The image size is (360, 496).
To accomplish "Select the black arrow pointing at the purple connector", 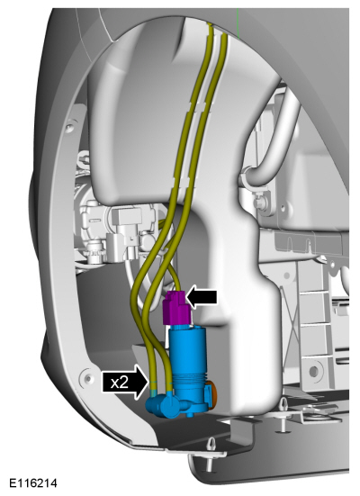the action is (202, 297).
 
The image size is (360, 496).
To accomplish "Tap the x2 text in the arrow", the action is (120, 383).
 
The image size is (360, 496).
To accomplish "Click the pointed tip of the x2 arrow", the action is (149, 382).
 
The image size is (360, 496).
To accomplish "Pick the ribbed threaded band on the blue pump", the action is (189, 376).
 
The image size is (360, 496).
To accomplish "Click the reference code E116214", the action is (33, 483).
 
